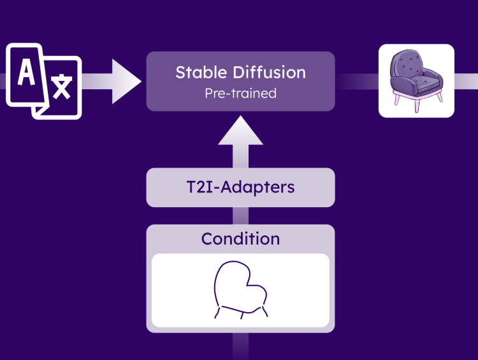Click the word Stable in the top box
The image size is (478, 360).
click(x=201, y=73)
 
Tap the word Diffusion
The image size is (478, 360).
click(x=269, y=73)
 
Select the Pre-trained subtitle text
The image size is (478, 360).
click(x=240, y=93)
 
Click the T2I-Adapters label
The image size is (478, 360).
click(x=240, y=187)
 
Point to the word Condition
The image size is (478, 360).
click(x=240, y=239)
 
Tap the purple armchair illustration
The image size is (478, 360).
click(x=416, y=80)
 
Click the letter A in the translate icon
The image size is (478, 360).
click(x=27, y=72)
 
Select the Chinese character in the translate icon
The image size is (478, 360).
click(x=62, y=87)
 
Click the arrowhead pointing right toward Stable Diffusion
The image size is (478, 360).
click(x=125, y=82)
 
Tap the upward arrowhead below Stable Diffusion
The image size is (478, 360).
click(x=240, y=131)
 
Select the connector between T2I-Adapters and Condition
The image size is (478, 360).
click(x=240, y=216)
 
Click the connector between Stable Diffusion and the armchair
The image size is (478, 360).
click(x=357, y=82)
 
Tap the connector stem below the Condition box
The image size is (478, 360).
click(x=240, y=346)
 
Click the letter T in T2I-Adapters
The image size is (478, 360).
click(x=192, y=187)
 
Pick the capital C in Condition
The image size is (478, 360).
click(x=207, y=239)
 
